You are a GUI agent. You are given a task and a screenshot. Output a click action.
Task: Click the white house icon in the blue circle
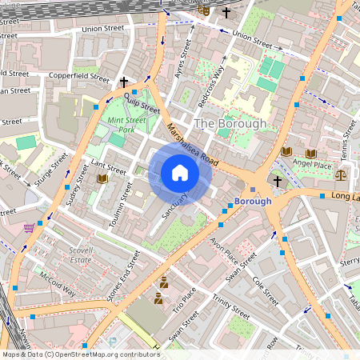coord(180,172)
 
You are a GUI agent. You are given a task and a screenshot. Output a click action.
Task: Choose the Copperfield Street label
coord(79,78)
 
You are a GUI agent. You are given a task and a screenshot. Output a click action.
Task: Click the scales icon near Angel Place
coord(342,173)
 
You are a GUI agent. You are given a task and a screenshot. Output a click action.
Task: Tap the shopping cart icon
coord(30,227)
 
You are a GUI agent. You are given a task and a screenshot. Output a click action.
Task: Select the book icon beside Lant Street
coord(102,180)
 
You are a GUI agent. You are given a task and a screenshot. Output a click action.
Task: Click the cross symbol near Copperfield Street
coord(124,82)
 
